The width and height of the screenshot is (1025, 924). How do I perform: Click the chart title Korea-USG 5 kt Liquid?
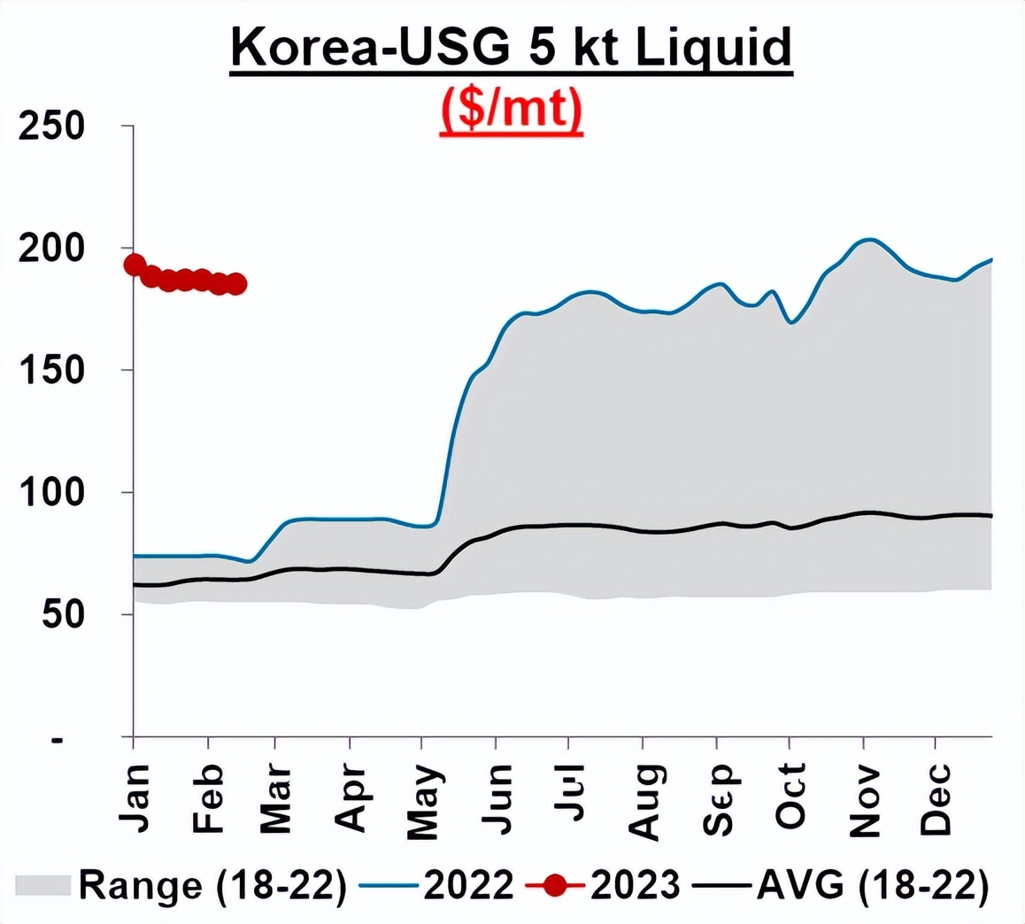[x=511, y=48]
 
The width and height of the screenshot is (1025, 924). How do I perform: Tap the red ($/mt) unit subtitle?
[x=512, y=112]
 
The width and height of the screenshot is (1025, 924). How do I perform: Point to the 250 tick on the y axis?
[x=51, y=127]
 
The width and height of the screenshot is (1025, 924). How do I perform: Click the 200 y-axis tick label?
[x=51, y=249]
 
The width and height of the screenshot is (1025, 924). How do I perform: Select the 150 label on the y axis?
[x=51, y=371]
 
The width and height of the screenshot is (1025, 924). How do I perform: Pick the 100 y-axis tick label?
[x=51, y=493]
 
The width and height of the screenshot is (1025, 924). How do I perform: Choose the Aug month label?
[x=644, y=801]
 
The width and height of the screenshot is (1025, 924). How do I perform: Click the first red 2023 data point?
[x=135, y=265]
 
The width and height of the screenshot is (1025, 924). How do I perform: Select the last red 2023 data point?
[x=236, y=284]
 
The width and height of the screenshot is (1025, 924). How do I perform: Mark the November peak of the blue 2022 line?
[x=868, y=239]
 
